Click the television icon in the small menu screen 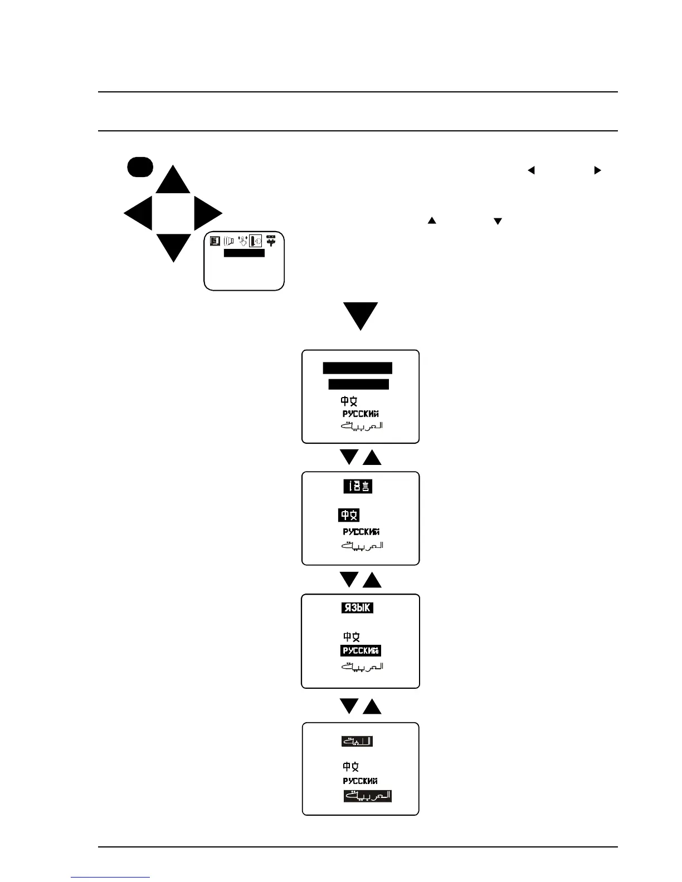215,241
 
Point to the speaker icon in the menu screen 228,241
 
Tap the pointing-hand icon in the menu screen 242,241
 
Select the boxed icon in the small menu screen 256,241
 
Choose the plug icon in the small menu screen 271,241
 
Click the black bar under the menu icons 244,253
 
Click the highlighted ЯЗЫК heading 357,608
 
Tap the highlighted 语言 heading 357,487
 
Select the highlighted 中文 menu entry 349,516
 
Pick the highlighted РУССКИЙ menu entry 361,650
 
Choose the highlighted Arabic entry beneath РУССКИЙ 367,796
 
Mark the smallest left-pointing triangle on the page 531,170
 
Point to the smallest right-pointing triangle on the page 597,170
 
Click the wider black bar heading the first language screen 358,368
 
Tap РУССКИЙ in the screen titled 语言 361,532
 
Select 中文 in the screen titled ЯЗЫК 351,636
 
